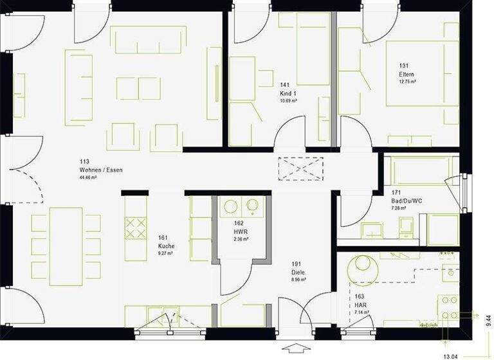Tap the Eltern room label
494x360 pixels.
click(406, 74)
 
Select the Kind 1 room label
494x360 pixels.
click(288, 93)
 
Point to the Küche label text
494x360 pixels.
click(166, 246)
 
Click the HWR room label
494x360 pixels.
click(241, 231)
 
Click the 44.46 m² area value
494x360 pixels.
click(88, 177)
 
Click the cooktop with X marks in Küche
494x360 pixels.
click(135, 227)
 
